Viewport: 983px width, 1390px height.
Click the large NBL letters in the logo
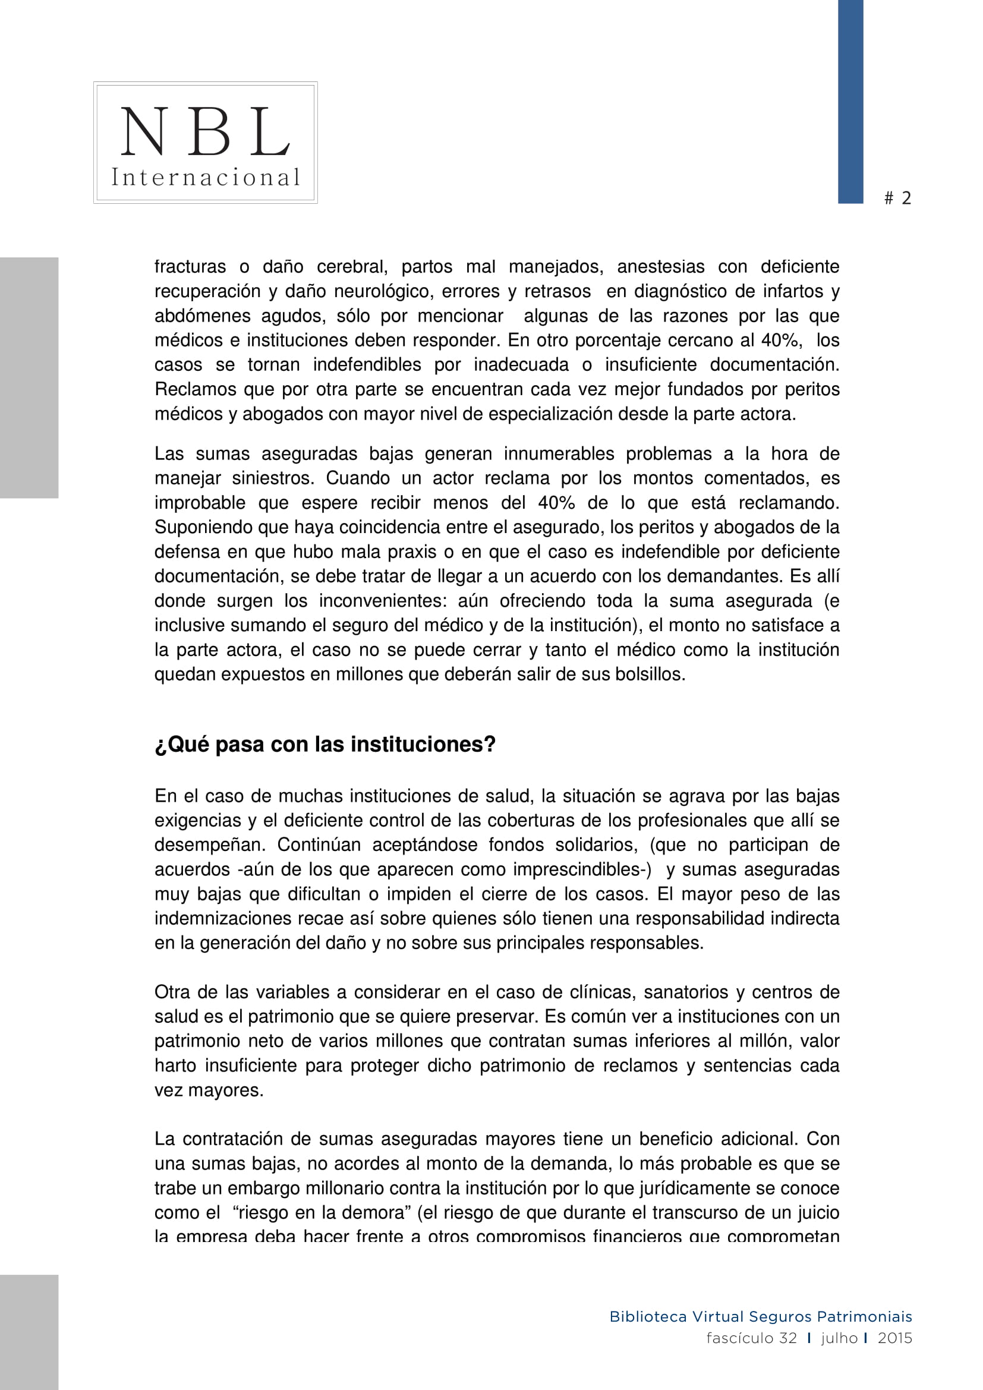point(205,131)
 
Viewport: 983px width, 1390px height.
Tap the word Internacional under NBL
point(205,177)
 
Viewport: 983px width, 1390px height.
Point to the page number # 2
point(897,198)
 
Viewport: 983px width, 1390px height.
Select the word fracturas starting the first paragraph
point(190,267)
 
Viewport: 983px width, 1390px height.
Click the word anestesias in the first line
point(660,267)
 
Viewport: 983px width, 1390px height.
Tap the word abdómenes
point(201,316)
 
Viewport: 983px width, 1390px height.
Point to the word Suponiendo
point(203,527)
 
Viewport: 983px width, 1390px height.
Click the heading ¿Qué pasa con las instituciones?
point(325,745)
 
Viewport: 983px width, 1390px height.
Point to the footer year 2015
point(894,1338)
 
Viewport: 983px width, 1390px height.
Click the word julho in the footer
point(839,1338)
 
